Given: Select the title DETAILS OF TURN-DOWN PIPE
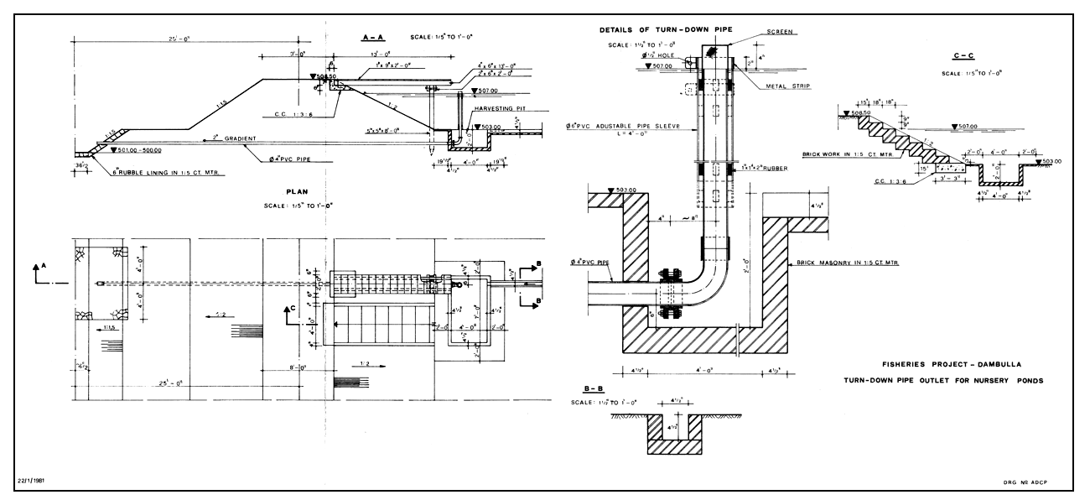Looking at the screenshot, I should [666, 29].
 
